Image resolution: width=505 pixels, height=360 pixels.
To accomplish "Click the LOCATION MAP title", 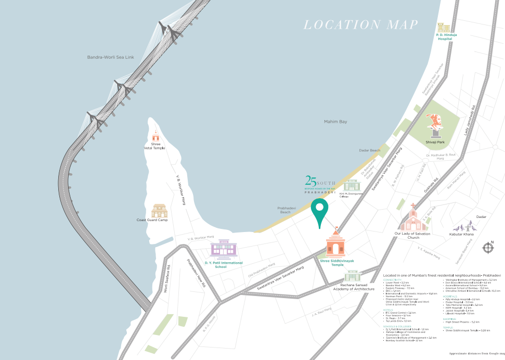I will pyautogui.click(x=361, y=24).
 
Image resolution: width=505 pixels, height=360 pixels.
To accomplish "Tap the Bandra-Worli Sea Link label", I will pyautogui.click(x=110, y=57).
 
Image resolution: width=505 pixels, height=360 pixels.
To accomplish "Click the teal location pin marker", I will pyautogui.click(x=319, y=212).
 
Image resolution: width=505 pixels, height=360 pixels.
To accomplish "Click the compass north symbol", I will pyautogui.click(x=487, y=248).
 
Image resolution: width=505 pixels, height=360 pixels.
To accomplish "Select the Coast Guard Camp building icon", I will pyautogui.click(x=160, y=211).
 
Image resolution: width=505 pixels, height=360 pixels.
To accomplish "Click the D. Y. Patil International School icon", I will pyautogui.click(x=223, y=249).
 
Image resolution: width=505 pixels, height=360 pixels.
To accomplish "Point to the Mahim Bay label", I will pyautogui.click(x=335, y=122).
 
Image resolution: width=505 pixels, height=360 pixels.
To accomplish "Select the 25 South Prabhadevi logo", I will pyautogui.click(x=320, y=184).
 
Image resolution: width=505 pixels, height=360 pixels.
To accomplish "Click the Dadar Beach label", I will pyautogui.click(x=370, y=150).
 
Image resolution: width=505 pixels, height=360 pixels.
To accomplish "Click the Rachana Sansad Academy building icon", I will pyautogui.click(x=353, y=276).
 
